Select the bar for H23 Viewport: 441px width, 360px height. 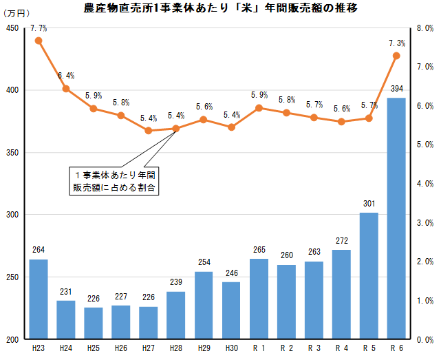(x=39, y=299)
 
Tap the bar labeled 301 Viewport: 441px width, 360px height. (x=369, y=276)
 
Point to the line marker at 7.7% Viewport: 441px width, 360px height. (x=39, y=41)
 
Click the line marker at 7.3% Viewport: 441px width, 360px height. (x=396, y=56)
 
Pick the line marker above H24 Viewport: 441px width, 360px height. (x=66, y=88)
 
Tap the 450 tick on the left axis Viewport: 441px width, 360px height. (x=12, y=28)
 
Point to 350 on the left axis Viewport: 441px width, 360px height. (x=12, y=153)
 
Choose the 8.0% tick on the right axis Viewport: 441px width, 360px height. (x=424, y=28)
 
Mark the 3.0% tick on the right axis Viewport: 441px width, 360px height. (x=424, y=223)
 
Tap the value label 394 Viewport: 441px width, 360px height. (x=397, y=89)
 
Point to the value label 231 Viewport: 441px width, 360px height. (x=66, y=292)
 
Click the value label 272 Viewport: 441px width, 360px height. (x=341, y=241)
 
